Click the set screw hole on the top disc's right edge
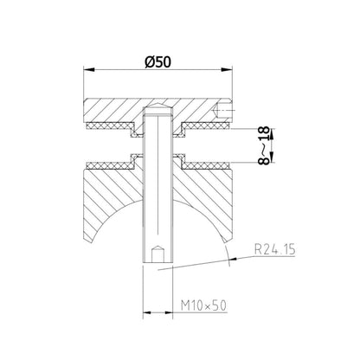[227, 110]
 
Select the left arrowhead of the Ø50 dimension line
[87, 71]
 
